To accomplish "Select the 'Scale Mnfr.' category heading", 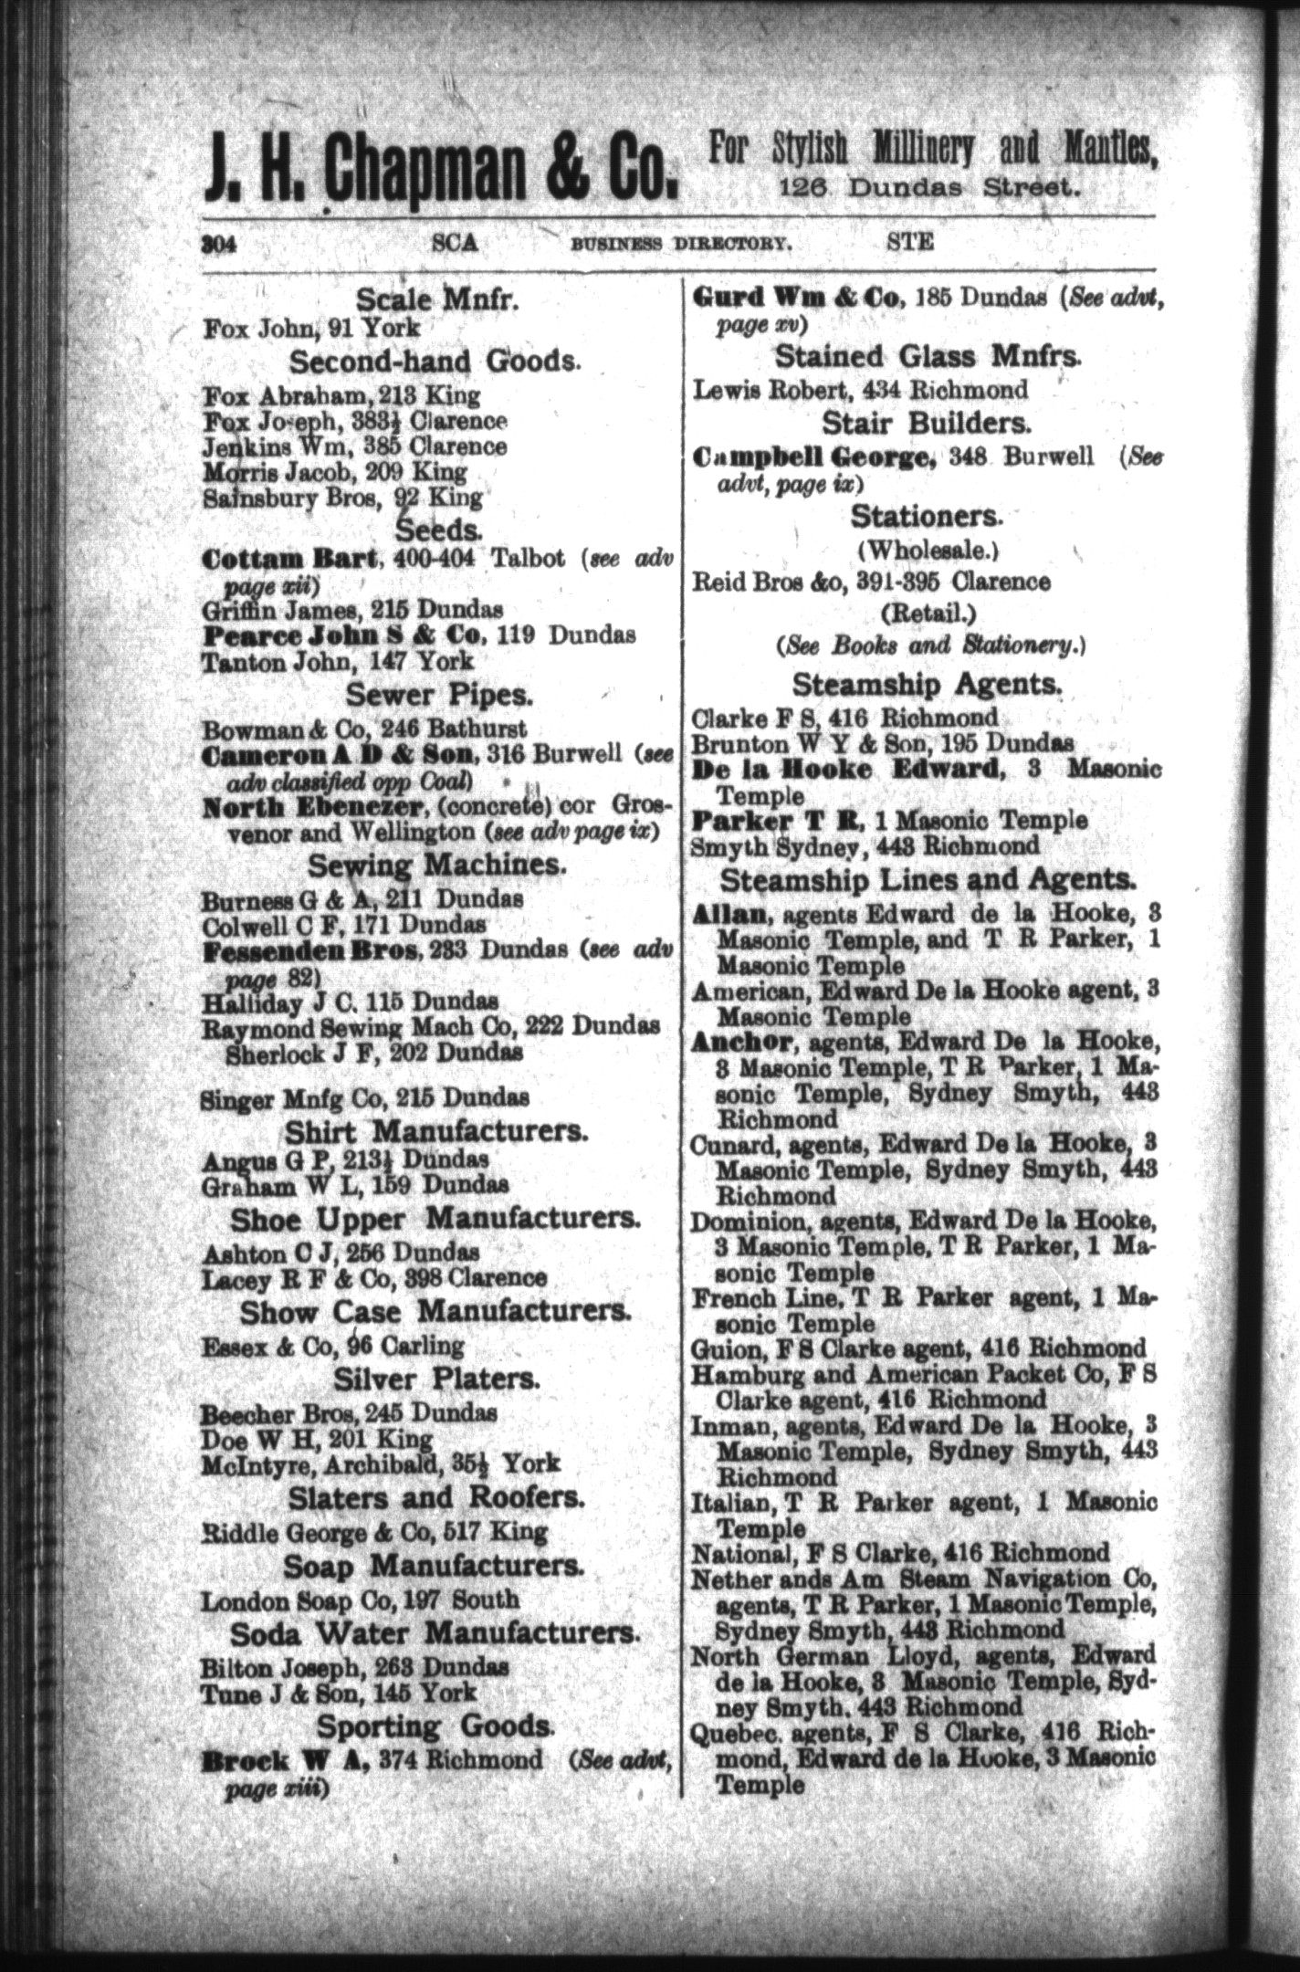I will pos(437,299).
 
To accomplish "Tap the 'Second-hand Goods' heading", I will pos(435,362).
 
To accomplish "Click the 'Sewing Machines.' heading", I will pos(437,864).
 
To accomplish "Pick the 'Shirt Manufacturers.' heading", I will pos(436,1132).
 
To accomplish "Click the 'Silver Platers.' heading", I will pos(436,1378).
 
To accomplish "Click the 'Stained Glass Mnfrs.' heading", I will pos(927,356).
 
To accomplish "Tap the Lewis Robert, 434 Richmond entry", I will pos(860,390).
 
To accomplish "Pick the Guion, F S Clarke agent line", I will pos(918,1348).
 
